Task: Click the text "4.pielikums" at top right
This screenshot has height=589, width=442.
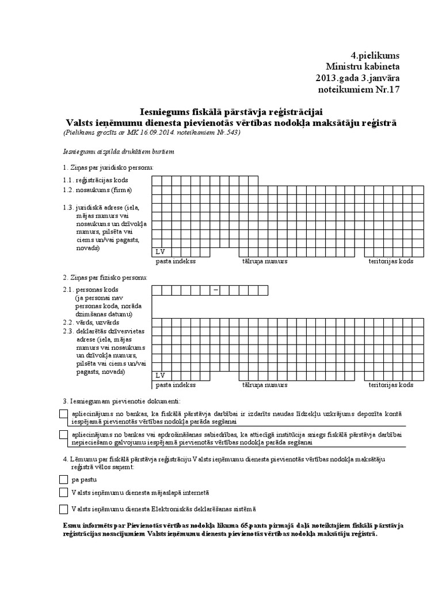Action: [374, 55]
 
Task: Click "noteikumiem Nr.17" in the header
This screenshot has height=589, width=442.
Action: [358, 89]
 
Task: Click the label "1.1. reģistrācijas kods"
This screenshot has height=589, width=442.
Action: [97, 181]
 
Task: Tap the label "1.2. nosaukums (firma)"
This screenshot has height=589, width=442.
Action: [97, 190]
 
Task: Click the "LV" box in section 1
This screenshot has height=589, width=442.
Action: [160, 251]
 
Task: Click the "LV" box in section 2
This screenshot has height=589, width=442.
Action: [160, 375]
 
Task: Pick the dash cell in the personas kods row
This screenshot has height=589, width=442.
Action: [216, 290]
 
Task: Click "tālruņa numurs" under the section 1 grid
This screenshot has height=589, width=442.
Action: [265, 262]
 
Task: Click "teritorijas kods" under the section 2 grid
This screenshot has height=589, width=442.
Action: [391, 385]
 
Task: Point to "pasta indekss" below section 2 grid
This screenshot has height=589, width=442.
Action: [176, 385]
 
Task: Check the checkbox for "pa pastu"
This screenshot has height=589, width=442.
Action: [63, 479]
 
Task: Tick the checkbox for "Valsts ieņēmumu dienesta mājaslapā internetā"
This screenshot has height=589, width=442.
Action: [63, 492]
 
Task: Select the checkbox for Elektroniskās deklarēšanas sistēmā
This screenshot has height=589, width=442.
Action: [63, 509]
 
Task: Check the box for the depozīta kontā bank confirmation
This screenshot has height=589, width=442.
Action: [63, 414]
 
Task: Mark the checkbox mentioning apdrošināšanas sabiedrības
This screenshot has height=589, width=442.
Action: [63, 435]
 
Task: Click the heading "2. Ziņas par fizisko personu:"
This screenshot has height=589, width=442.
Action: [105, 277]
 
